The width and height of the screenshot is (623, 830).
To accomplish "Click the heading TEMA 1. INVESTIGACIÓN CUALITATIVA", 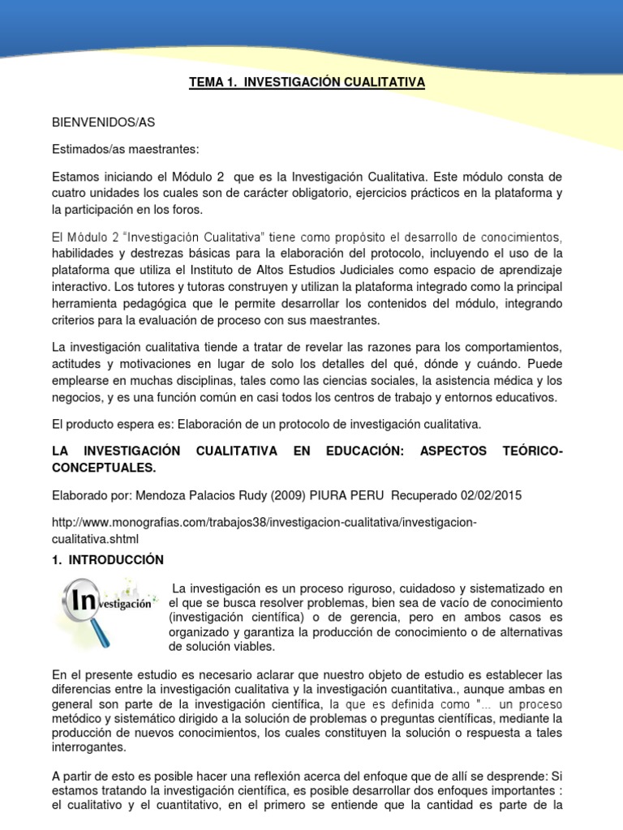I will click(307, 82).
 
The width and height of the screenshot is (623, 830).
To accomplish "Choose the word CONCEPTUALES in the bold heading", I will click(101, 468).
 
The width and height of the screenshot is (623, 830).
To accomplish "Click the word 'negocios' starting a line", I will click(76, 397).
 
